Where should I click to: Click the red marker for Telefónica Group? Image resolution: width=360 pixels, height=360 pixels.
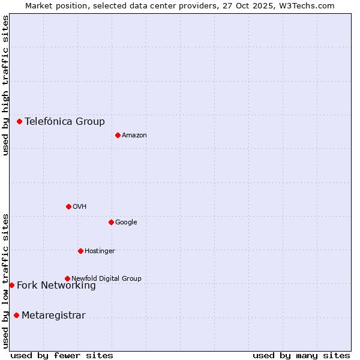(19, 121)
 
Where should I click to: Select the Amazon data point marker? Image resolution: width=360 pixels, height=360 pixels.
(118, 135)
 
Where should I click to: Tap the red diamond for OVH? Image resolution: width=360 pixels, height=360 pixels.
(68, 206)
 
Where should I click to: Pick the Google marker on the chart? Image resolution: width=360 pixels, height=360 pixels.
(111, 222)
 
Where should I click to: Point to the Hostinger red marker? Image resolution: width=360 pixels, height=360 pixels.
(80, 251)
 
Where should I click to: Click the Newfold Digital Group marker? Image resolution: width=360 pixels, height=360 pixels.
(67, 278)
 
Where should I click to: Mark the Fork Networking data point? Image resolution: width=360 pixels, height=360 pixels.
(11, 285)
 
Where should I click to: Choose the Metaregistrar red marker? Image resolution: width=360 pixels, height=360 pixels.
(16, 316)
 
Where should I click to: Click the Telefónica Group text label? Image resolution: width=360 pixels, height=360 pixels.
(65, 122)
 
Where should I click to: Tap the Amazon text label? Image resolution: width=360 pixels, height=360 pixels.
(134, 136)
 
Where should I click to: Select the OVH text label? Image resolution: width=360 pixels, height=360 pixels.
(80, 207)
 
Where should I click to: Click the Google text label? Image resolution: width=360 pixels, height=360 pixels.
(126, 223)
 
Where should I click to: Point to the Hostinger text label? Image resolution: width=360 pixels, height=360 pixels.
(100, 251)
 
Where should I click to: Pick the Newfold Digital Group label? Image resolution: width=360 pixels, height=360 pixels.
(106, 278)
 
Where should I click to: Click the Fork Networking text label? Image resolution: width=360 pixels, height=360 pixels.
(56, 286)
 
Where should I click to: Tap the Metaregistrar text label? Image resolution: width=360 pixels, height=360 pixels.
(53, 316)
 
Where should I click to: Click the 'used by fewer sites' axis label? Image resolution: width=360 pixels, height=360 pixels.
(62, 355)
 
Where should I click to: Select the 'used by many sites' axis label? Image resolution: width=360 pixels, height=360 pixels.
(301, 355)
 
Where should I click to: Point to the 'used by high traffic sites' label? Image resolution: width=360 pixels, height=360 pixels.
(5, 85)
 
